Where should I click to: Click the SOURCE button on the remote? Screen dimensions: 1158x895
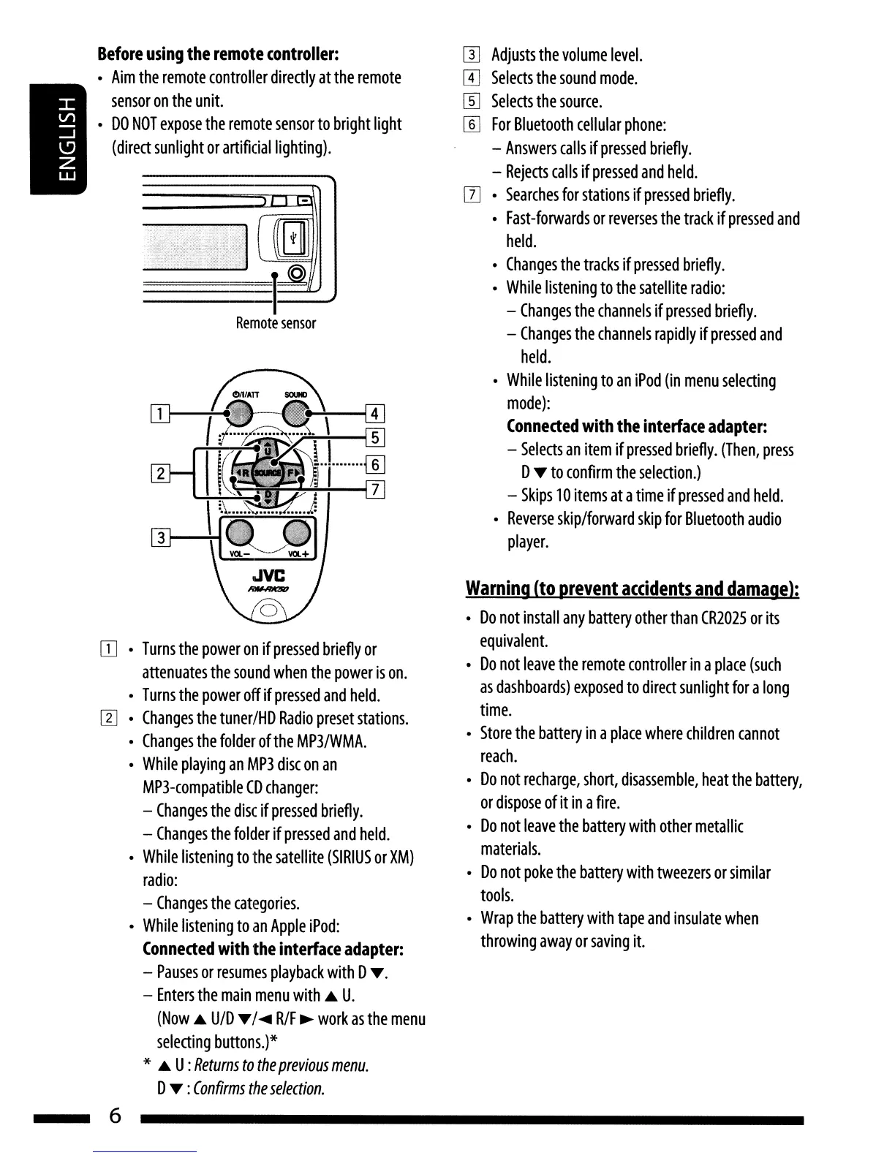pos(268,473)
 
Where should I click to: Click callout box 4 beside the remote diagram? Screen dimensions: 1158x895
pos(374,414)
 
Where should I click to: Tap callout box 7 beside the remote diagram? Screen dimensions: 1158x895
pos(374,489)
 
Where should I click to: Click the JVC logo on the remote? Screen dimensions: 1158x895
pos(266,575)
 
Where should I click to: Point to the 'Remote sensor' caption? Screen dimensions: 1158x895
pos(276,323)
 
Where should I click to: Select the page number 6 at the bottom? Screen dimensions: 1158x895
pos(115,1116)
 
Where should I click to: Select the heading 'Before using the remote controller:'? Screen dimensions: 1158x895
pos(218,54)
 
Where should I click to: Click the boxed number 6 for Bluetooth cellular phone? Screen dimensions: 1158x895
pos(472,125)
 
